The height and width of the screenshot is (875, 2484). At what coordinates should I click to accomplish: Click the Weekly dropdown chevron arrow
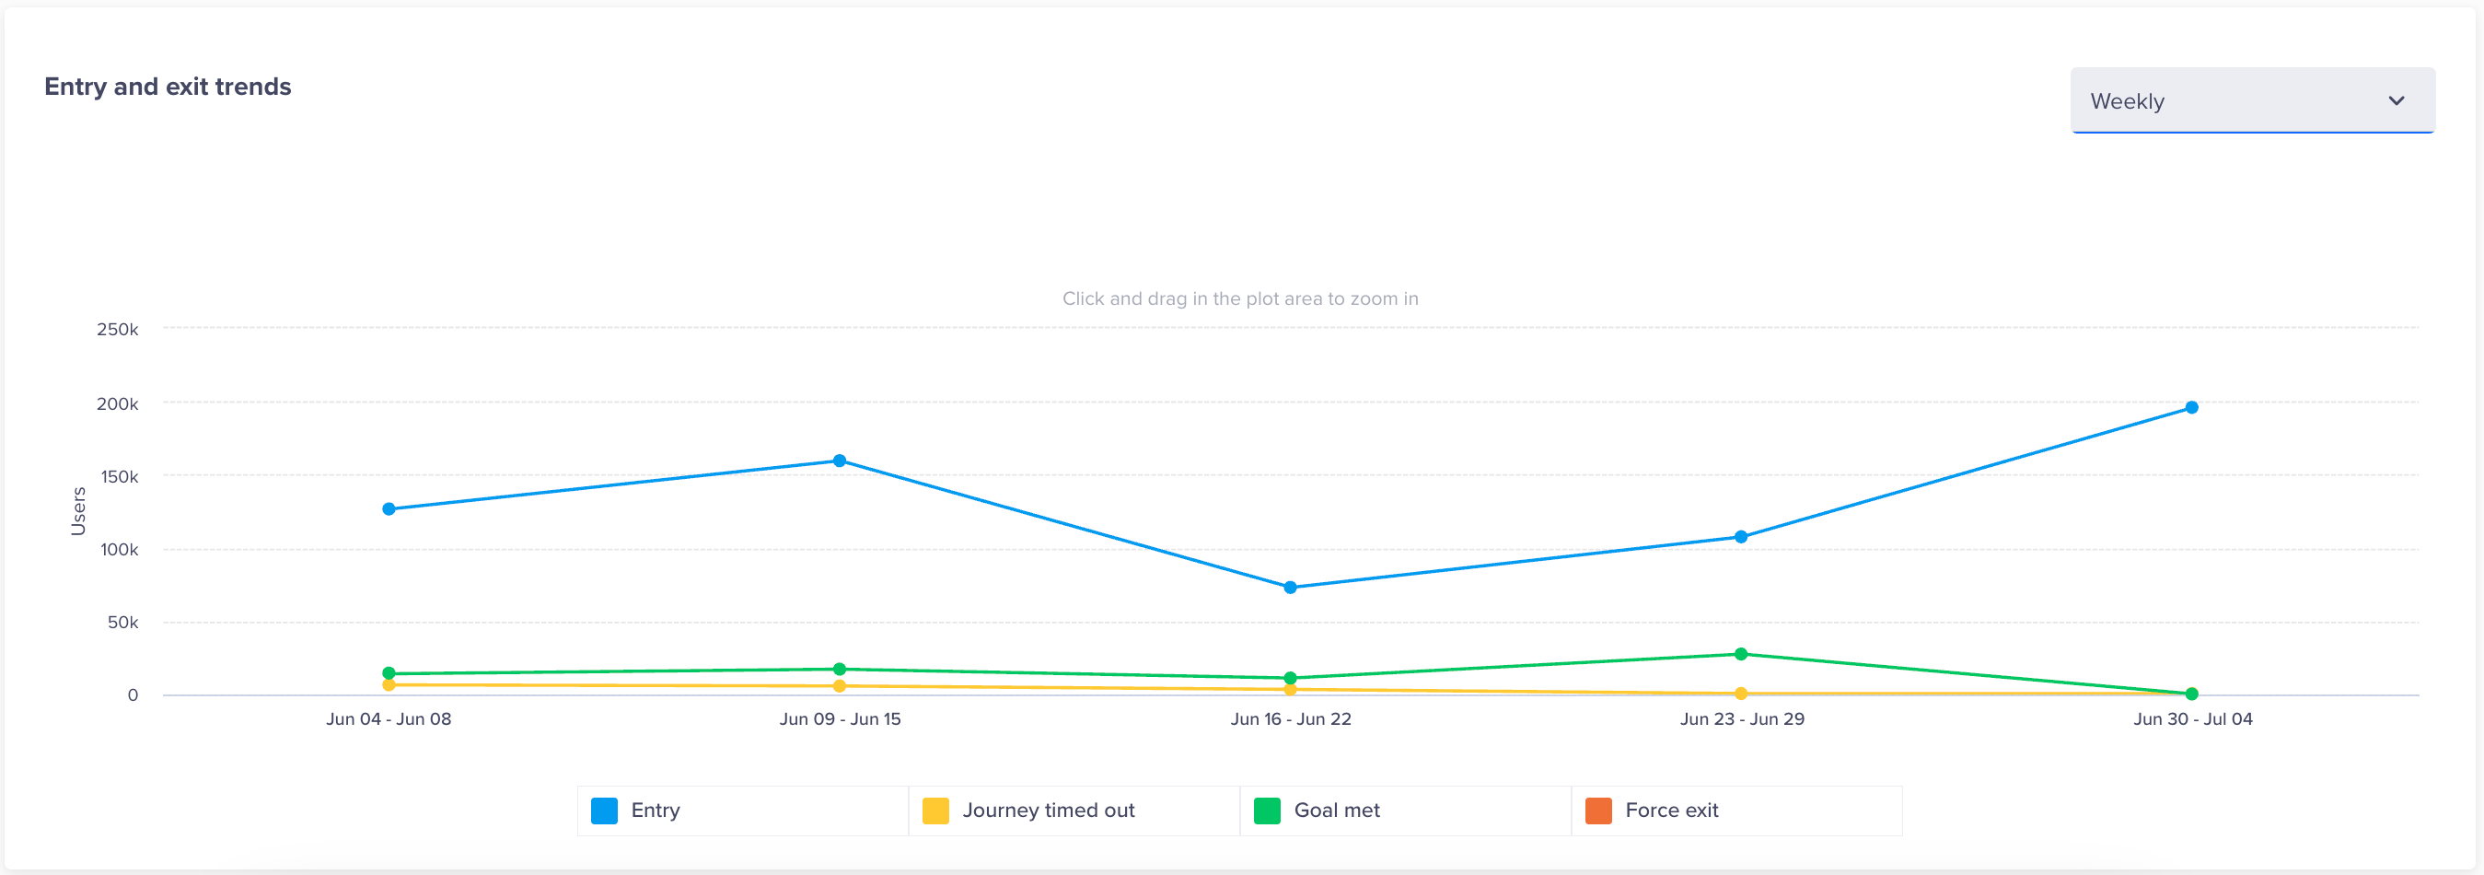coord(2396,100)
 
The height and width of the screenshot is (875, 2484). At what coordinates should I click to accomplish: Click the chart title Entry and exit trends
coord(168,87)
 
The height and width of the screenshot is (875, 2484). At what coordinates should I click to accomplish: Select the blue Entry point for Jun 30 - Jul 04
coord(2191,407)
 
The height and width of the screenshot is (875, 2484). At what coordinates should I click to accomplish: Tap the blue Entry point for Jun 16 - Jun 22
coord(1289,587)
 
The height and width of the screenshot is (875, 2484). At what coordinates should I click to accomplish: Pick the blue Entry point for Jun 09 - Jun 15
coord(839,461)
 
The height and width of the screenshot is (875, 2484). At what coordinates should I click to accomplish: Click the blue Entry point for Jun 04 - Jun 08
coord(389,508)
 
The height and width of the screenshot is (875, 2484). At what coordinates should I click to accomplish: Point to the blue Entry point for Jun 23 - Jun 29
coord(1740,536)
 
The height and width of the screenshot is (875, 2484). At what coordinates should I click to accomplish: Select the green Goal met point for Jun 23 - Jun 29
coord(1740,654)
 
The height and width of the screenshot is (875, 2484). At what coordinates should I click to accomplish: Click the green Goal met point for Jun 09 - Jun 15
coord(839,669)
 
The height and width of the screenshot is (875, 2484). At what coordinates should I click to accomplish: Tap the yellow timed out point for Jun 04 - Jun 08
coord(389,685)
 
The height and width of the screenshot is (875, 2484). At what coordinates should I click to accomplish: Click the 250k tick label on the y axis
coord(118,329)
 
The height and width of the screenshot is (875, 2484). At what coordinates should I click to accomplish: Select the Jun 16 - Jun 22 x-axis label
coord(1290,718)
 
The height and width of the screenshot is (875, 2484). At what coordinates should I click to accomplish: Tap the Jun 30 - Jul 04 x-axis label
coord(2192,718)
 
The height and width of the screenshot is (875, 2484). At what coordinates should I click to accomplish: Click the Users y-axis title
coord(78,510)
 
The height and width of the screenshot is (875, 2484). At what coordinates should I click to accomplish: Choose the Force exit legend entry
coord(1671,811)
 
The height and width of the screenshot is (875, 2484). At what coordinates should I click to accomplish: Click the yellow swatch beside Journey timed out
coord(934,811)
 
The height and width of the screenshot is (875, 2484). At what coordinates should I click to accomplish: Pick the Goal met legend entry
coord(1336,811)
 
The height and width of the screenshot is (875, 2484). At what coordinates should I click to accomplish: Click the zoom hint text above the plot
coord(1240,298)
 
